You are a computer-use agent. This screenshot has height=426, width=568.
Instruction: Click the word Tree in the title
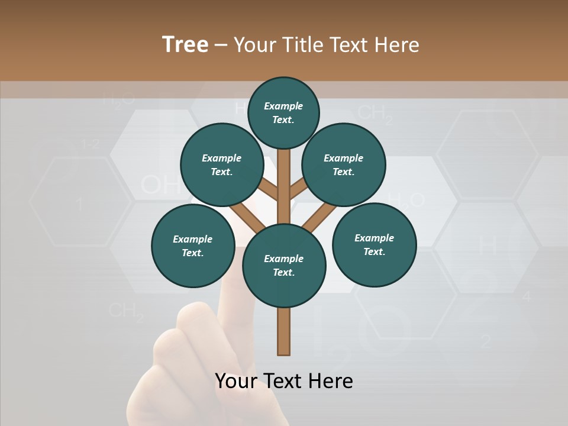click(x=185, y=45)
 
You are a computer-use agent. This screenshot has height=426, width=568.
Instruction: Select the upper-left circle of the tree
click(x=221, y=165)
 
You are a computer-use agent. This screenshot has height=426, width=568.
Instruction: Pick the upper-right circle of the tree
click(x=343, y=165)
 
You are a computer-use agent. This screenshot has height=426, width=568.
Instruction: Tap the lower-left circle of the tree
click(x=192, y=246)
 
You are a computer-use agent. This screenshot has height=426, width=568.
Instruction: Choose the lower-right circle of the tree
click(x=374, y=245)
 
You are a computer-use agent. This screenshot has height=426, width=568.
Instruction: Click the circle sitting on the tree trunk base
click(x=284, y=266)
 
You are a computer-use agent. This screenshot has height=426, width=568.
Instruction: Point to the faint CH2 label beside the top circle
click(x=375, y=114)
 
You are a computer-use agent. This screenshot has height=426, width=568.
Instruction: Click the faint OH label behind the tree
click(x=160, y=186)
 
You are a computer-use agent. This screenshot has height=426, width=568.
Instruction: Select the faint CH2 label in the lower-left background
click(x=127, y=312)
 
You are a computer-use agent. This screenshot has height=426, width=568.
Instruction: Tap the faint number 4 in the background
click(x=527, y=296)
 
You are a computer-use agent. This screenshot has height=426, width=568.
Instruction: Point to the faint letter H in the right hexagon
click(x=487, y=244)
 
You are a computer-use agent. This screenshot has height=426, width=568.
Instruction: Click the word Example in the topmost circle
click(x=283, y=106)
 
